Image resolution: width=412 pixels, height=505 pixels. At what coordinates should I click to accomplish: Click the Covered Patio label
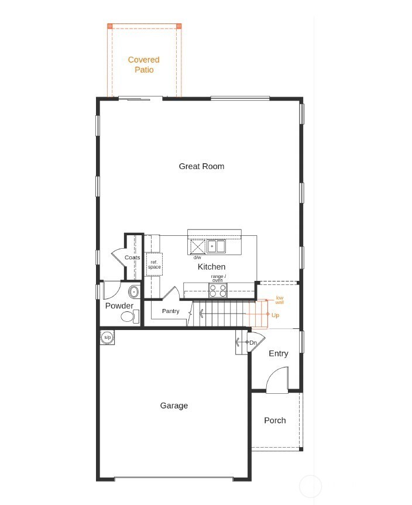click(143, 64)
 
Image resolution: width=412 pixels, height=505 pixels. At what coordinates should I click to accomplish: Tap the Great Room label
click(201, 166)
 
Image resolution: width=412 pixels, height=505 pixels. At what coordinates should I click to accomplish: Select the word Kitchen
click(211, 267)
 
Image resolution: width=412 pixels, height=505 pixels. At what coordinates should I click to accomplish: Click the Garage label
click(174, 406)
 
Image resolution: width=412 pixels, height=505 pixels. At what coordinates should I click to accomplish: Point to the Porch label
click(274, 420)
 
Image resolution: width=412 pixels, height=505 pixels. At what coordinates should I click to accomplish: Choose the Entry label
click(278, 353)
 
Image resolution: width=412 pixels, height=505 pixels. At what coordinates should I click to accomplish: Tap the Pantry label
click(170, 311)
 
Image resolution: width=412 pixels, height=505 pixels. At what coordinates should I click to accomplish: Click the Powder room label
click(119, 306)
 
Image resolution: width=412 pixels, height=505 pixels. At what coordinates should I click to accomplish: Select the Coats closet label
click(132, 257)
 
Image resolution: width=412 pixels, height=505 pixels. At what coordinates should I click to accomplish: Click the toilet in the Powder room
click(129, 317)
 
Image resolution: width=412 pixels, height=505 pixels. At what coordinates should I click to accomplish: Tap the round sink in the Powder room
click(133, 291)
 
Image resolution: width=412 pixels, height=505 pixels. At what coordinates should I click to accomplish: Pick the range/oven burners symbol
click(218, 291)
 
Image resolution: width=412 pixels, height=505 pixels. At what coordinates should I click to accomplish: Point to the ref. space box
click(154, 264)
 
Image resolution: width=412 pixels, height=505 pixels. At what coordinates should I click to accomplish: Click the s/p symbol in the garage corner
click(107, 338)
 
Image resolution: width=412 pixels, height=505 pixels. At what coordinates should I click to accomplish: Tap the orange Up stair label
click(275, 315)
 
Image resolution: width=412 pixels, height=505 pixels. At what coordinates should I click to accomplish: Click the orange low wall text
click(280, 300)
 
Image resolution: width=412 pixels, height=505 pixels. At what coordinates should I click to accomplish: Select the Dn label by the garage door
click(253, 342)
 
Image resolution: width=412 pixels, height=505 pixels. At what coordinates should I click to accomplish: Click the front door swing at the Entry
click(277, 380)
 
